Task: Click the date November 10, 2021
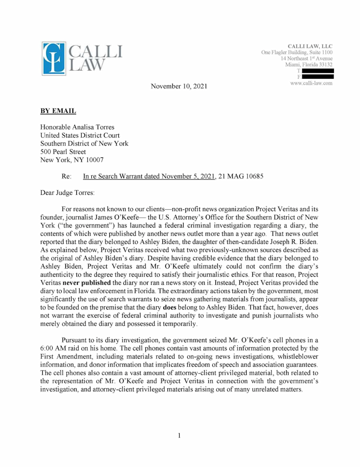179,85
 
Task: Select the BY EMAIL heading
58,111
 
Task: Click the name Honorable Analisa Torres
77,127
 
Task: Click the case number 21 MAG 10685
241,176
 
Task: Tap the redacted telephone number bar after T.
317,71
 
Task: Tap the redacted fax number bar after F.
317,77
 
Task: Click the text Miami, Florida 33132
309,65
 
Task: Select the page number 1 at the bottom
179,436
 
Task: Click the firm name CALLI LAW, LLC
310,46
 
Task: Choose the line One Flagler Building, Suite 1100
297,52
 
